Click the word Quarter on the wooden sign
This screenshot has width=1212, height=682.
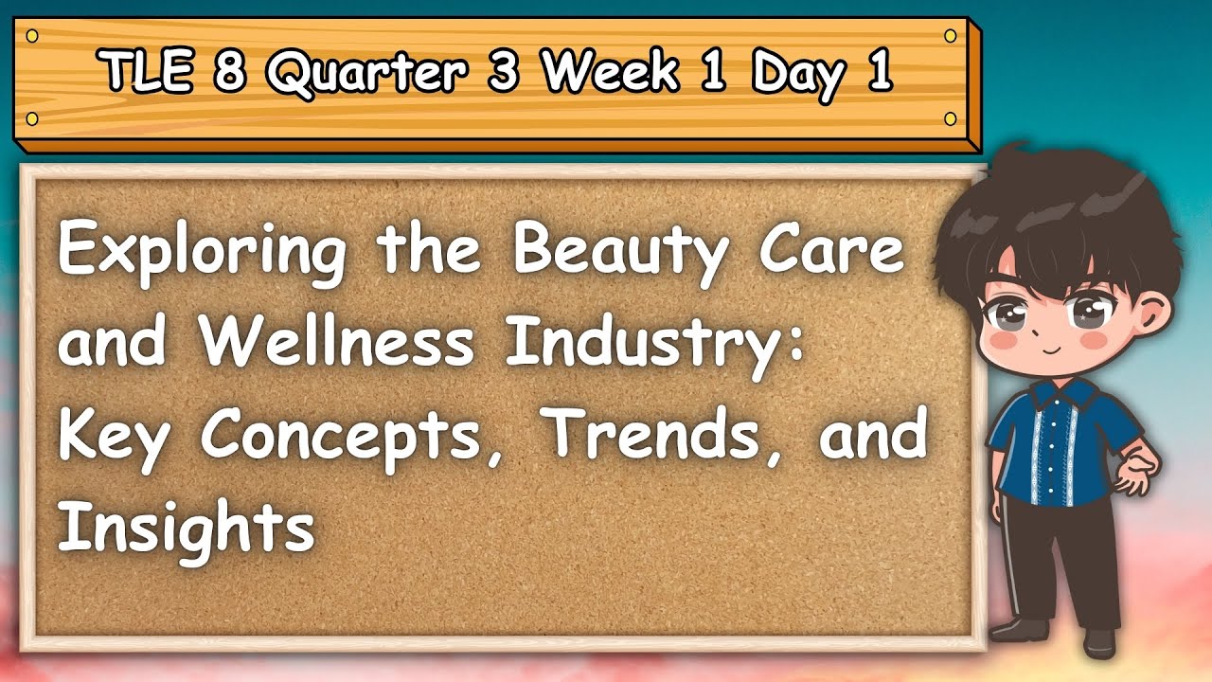[366, 73]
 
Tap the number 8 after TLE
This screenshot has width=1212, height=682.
[230, 71]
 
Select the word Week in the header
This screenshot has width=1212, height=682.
[611, 70]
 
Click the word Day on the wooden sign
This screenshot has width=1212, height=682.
[798, 75]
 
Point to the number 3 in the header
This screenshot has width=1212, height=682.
[503, 71]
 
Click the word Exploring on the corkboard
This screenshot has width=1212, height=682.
[202, 253]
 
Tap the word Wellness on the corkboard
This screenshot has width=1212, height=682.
[336, 341]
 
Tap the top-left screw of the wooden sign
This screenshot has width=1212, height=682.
[32, 36]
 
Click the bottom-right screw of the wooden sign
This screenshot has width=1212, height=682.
[950, 118]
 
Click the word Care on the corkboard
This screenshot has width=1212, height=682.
[832, 249]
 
